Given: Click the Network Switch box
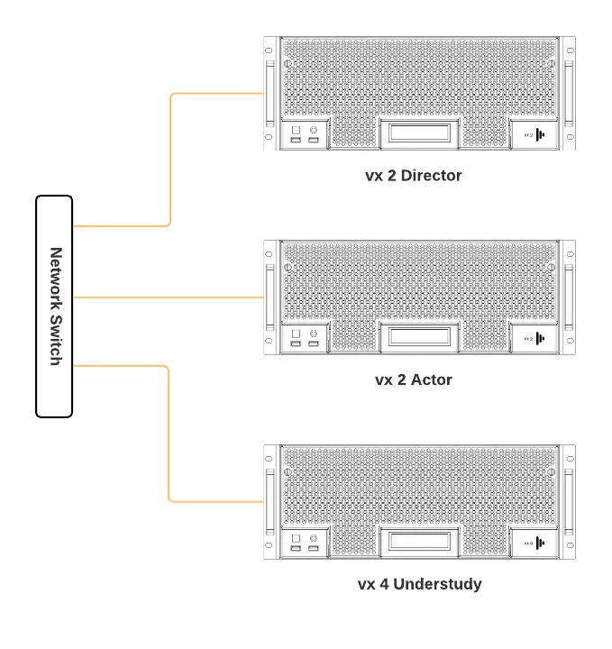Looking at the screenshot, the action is coord(54,306).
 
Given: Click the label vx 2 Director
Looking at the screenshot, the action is coord(414,176).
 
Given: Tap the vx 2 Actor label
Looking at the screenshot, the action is coord(414,379).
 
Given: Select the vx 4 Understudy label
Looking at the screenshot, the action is coord(420,584).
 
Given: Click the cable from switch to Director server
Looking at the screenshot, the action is coord(170,160).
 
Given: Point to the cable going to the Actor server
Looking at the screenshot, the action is coord(169,297).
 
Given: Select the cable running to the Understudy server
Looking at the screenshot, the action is coord(169,434).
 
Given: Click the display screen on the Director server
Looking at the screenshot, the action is coord(419,133).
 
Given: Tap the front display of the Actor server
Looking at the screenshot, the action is coord(419,336).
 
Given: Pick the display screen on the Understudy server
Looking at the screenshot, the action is coord(419,541).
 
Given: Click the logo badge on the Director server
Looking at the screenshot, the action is coord(534,134).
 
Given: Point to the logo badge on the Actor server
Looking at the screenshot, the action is coord(534,339).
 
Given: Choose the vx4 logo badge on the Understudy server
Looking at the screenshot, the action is coord(534,543).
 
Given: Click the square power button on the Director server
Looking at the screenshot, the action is coord(296,130).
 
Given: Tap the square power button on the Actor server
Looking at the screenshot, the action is coord(296,334).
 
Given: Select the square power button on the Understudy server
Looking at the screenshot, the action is coord(296,538).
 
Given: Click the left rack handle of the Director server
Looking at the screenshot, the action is coord(270,94).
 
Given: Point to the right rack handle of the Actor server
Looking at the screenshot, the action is coord(569,297).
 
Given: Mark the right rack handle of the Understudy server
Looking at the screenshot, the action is coord(569,502).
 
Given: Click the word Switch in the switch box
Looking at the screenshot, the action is coord(56,341).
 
